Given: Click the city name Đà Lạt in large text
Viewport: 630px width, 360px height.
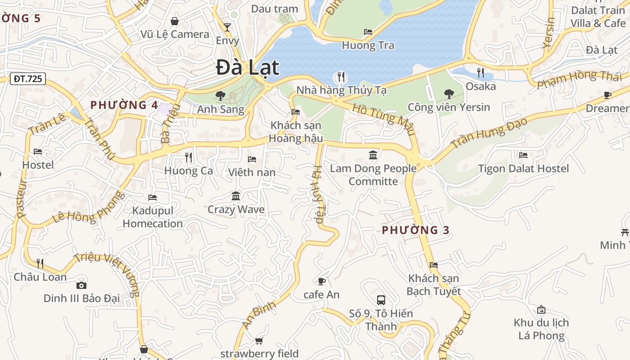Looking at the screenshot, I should [247, 68].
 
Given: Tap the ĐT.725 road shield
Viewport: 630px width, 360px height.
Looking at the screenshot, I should [28, 79].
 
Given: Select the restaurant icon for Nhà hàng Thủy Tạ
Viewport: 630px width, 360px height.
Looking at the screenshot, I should [341, 77].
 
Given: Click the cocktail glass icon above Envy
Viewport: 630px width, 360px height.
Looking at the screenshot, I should [227, 27].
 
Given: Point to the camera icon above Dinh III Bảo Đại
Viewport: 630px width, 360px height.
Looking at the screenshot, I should [81, 285].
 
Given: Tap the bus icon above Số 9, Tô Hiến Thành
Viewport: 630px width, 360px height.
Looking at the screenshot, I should [381, 300].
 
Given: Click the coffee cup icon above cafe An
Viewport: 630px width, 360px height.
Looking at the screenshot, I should [321, 282].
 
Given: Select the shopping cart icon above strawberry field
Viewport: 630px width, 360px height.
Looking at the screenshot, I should [259, 341].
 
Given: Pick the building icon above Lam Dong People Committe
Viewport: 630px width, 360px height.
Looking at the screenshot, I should [373, 155].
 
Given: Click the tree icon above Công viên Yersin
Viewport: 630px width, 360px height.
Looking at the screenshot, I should [449, 94].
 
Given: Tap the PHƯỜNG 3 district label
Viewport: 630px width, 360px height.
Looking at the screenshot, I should [416, 230].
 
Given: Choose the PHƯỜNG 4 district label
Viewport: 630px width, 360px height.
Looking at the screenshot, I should [124, 105].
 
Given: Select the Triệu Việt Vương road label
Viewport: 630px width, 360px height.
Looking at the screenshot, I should [108, 274].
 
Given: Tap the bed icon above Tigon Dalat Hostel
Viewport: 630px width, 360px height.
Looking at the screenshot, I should [523, 155].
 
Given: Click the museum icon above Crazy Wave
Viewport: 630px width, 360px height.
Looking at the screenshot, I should [236, 196].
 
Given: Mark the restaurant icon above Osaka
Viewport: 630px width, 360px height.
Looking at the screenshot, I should [481, 72].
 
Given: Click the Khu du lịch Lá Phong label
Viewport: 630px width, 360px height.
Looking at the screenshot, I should [541, 329].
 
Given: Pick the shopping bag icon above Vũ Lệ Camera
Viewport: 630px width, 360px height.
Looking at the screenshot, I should [175, 21].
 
